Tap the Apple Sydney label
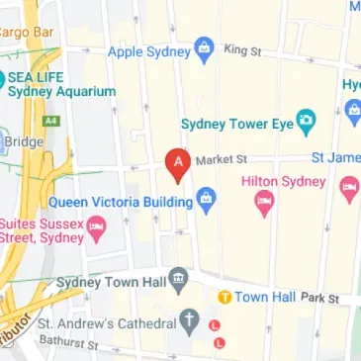pyautogui.click(x=148, y=50)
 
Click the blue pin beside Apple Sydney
pyautogui.click(x=205, y=48)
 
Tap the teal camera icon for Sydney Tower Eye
pyautogui.click(x=307, y=123)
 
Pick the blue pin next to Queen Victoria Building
pyautogui.click(x=206, y=201)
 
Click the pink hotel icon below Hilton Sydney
pyautogui.click(x=264, y=205)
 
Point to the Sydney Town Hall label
pyautogui.click(x=106, y=281)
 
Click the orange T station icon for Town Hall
pyautogui.click(x=225, y=297)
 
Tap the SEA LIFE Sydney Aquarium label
pyautogui.click(x=61, y=83)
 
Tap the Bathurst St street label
pyautogui.click(x=69, y=343)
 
